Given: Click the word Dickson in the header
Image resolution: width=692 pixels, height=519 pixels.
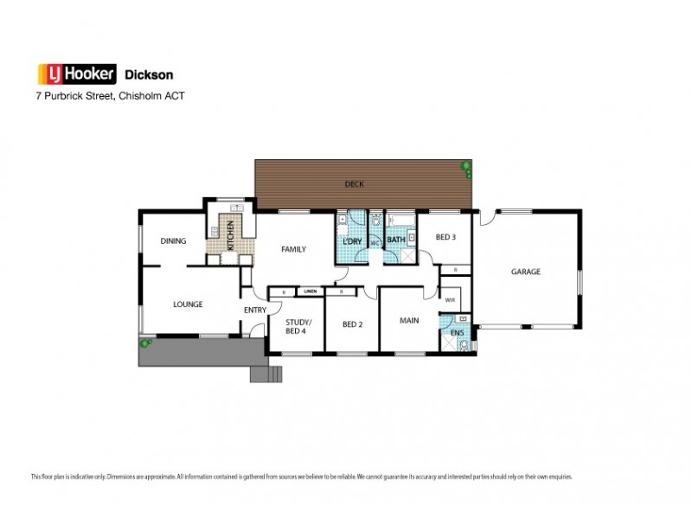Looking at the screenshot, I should point(142,74).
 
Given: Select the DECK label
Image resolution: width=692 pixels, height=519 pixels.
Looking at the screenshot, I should point(354,183).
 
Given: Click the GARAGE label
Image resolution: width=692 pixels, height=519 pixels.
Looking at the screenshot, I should point(525,271).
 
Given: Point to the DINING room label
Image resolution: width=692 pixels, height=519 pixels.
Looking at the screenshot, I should point(173,240).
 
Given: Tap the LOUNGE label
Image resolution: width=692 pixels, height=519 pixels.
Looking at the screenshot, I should point(187,304).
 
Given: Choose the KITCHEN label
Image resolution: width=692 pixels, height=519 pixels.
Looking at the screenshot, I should point(230,236).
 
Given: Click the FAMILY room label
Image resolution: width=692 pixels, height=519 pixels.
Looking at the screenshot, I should point(295,249).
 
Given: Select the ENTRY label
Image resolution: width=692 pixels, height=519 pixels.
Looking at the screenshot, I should point(254,311).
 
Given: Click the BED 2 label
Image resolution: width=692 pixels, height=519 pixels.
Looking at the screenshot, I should point(351,324).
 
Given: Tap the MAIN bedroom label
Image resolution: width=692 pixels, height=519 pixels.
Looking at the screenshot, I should point(409,320).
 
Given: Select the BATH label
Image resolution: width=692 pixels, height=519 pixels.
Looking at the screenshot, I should point(396,239).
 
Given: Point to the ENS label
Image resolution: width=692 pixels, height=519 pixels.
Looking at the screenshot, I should point(458,332).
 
